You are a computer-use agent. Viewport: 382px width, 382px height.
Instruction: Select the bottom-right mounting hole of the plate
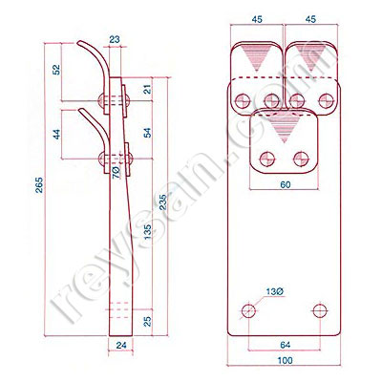pyautogui.click(x=320, y=309)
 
